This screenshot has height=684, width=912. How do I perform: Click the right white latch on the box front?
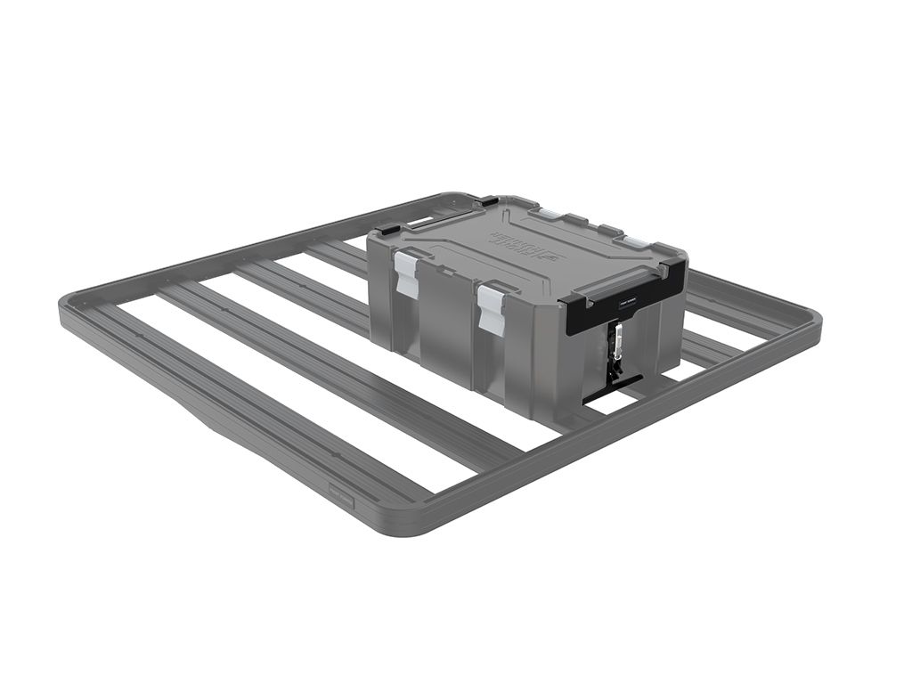point(491,308)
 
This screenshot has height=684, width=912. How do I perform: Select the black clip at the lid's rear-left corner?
point(488,202)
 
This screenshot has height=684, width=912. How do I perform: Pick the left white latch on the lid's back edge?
point(550,215)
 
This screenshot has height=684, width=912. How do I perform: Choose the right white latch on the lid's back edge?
point(634,241)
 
